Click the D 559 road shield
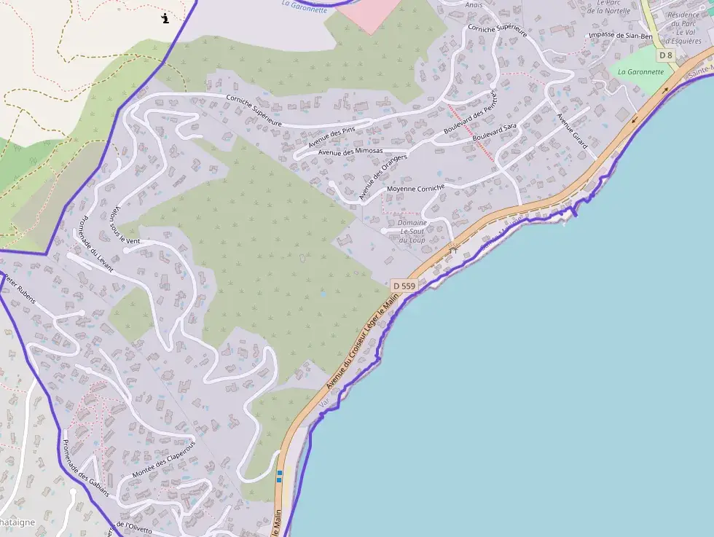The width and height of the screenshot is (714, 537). (404, 286)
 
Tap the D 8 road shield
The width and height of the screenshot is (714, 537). (664, 55)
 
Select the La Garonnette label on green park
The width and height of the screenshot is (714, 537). (641, 72)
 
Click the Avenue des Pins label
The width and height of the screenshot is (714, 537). (331, 136)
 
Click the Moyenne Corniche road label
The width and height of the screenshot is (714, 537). (415, 188)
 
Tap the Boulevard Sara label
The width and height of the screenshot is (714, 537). (494, 132)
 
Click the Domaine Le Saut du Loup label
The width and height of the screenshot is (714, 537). (412, 231)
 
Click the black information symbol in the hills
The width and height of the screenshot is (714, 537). (165, 17)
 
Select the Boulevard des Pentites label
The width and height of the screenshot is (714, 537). (469, 114)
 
